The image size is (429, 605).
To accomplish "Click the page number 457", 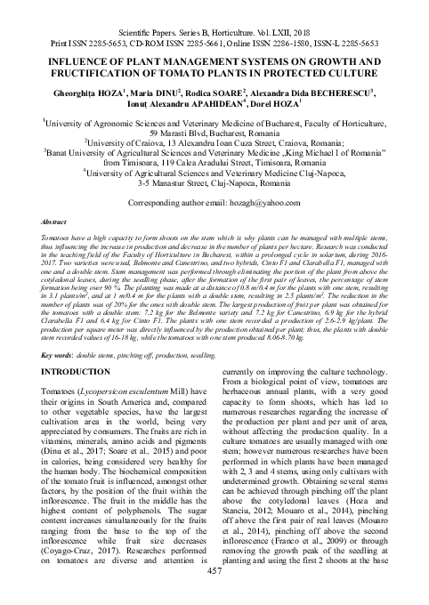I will (x=214, y=595).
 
